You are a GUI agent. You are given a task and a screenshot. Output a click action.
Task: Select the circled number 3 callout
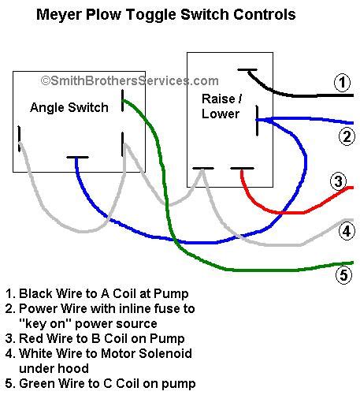[340, 182]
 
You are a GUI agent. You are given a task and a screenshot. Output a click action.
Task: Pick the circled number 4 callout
[346, 231]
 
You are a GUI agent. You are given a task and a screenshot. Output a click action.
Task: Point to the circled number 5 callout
[343, 276]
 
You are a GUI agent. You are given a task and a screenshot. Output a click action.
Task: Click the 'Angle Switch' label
[69, 108]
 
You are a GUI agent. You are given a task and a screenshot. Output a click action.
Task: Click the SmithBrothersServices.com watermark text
[129, 80]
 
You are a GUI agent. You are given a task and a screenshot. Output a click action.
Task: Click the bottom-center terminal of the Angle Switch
[77, 158]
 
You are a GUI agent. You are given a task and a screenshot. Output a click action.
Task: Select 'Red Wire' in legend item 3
[46, 339]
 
